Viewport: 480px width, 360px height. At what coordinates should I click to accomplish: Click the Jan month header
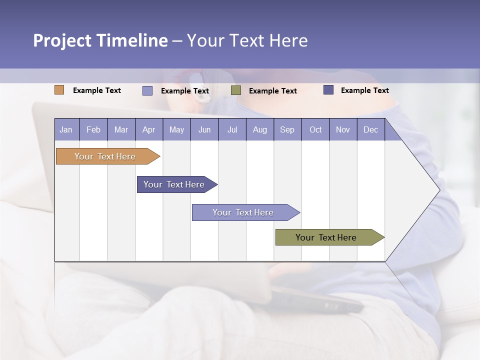(66, 129)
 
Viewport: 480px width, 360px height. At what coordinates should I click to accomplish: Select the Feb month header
(93, 129)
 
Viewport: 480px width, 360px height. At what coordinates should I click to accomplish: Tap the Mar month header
(121, 129)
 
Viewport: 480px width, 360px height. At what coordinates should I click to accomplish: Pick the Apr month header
(149, 129)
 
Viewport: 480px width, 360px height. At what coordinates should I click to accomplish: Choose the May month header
(176, 129)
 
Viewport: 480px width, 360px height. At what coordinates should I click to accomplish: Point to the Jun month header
(204, 129)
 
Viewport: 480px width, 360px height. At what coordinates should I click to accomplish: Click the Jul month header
(232, 129)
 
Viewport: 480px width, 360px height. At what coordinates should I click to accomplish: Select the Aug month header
(260, 129)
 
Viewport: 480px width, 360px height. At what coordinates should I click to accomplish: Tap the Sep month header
(287, 129)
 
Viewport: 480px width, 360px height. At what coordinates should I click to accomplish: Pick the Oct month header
(315, 129)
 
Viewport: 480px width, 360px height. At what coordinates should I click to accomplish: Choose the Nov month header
(343, 129)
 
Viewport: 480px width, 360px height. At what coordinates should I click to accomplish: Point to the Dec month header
(371, 129)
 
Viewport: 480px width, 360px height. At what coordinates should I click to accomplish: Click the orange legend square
(59, 90)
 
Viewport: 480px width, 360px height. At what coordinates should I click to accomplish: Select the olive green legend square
(236, 90)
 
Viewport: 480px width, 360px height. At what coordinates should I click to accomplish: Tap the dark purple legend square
(328, 90)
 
